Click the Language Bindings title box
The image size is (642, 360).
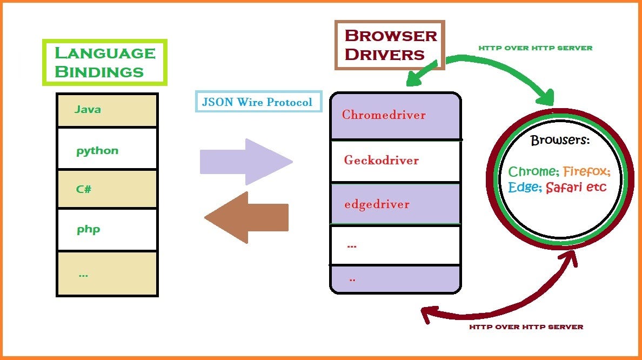[105, 62]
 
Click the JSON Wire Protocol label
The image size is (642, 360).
[257, 102]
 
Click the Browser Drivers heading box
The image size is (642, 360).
[390, 45]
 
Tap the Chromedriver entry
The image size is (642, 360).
[384, 115]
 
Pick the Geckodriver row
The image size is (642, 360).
[381, 160]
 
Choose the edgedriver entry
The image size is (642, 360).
[377, 204]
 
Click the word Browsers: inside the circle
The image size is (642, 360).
[560, 141]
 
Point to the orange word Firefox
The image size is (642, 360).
[586, 172]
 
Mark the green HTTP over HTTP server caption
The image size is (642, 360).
[535, 48]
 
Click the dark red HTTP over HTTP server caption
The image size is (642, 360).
[526, 327]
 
